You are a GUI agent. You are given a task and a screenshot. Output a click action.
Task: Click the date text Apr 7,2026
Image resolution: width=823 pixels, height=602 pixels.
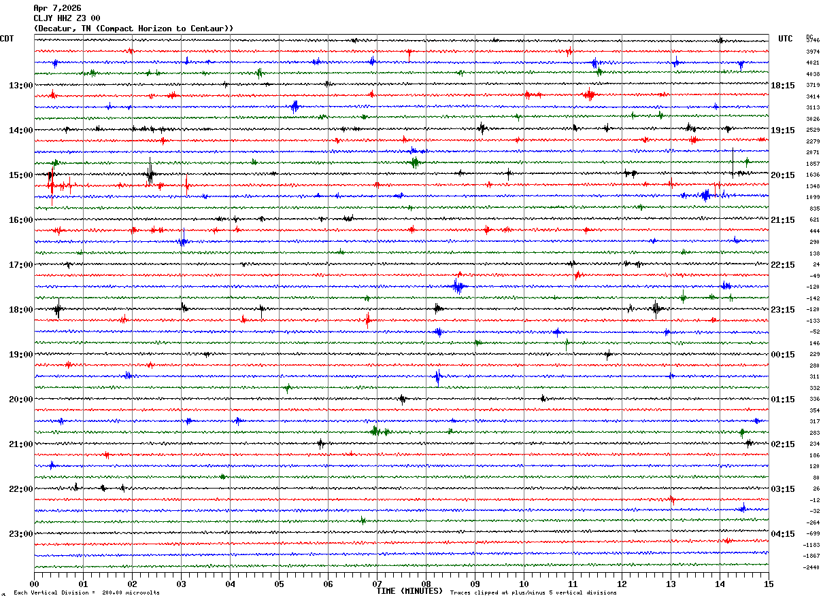pyautogui.click(x=57, y=8)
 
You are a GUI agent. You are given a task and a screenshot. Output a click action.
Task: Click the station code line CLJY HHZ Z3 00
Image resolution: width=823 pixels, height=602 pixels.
pyautogui.click(x=67, y=18)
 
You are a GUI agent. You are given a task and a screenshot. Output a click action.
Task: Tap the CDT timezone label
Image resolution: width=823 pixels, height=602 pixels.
pyautogui.click(x=7, y=39)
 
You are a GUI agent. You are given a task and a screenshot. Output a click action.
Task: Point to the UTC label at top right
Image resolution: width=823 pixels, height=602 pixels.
pyautogui.click(x=786, y=39)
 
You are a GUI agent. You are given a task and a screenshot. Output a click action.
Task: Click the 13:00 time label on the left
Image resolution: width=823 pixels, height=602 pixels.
pyautogui.click(x=20, y=86)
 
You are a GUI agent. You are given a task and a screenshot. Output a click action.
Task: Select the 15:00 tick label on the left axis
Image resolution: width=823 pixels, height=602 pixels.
pyautogui.click(x=20, y=175)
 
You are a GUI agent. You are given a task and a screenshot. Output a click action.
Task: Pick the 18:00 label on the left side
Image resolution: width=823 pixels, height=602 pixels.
pyautogui.click(x=20, y=310)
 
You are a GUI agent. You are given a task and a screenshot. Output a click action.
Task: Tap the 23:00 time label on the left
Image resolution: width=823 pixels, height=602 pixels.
pyautogui.click(x=20, y=534)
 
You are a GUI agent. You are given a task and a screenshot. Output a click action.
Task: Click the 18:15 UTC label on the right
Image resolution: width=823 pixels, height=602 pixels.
pyautogui.click(x=783, y=86)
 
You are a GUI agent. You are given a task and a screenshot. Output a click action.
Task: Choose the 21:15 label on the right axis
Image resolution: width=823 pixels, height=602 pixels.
pyautogui.click(x=783, y=220)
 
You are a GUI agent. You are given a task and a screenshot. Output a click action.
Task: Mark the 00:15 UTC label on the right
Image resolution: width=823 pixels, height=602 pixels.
pyautogui.click(x=783, y=355)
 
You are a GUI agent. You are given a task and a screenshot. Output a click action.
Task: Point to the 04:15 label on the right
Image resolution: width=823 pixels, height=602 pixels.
pyautogui.click(x=783, y=534)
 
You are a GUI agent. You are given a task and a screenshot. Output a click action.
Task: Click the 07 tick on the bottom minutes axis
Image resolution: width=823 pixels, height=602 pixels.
pyautogui.click(x=377, y=584)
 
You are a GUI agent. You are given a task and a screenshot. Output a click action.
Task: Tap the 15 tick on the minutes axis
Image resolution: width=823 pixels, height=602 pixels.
pyautogui.click(x=768, y=584)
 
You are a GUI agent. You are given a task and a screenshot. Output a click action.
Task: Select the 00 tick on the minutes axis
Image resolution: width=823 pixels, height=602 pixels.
pyautogui.click(x=35, y=584)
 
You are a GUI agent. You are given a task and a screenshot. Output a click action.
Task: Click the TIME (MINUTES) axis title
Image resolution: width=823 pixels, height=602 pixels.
pyautogui.click(x=409, y=591)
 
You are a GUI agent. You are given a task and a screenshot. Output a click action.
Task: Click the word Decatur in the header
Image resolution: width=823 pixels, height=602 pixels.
pyautogui.click(x=56, y=29)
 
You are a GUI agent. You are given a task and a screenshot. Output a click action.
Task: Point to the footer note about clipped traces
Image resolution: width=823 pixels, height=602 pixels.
pyautogui.click(x=533, y=593)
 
